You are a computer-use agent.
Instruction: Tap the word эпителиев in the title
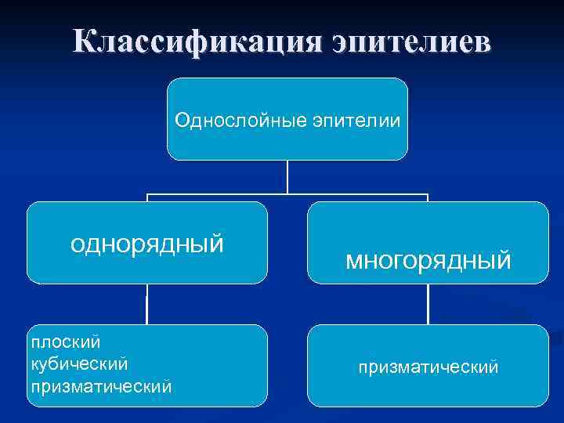pos(410,41)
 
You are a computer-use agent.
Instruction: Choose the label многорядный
pos(428,258)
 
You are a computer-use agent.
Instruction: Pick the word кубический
pos(79,364)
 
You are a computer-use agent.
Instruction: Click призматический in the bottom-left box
pos(100,386)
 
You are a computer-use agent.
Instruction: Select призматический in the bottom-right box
pos(428,366)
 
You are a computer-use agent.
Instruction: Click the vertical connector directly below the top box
pos(287,176)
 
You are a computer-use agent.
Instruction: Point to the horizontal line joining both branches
pos(287,194)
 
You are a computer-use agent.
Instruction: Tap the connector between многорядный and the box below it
pos(428,304)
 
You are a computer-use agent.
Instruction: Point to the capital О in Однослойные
pos(182,120)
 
